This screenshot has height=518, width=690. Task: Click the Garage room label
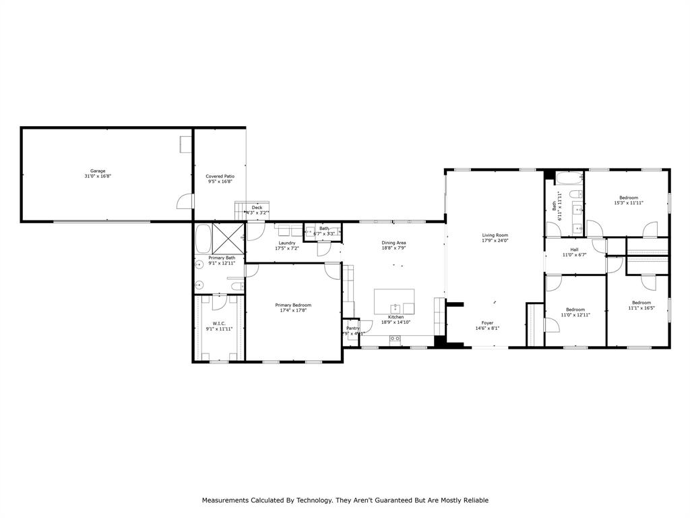pos(98,171)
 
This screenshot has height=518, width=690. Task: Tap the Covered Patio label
pos(220,176)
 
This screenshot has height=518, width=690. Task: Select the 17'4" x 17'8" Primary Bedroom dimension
pos(293,311)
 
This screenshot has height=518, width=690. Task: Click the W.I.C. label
pos(219,323)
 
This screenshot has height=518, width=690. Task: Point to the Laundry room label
pos(287,243)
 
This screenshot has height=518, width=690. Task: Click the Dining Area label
pos(394,243)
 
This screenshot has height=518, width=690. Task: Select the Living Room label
pos(495,235)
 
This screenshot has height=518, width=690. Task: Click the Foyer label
pos(487,323)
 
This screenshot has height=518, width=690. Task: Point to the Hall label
pos(574,250)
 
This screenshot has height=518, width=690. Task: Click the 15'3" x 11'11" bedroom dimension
pos(628,203)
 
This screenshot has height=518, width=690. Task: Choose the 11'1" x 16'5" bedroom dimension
pos(641,308)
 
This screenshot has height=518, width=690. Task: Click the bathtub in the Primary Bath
pos(203,238)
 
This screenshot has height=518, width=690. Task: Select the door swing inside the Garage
pos(183,201)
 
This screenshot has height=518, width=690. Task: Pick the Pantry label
pos(352,328)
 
